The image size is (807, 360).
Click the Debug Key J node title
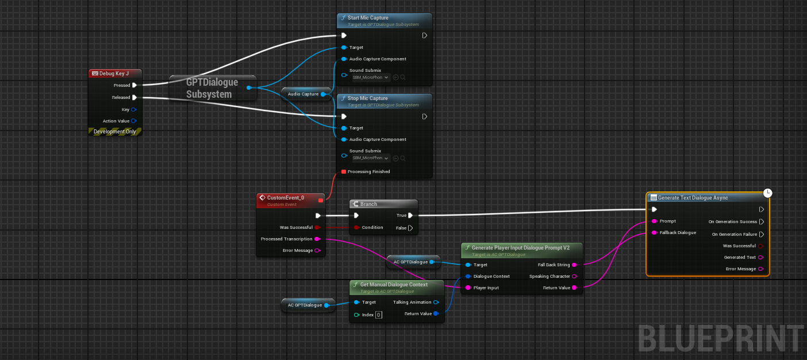[x=114, y=74]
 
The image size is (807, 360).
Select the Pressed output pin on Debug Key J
[x=134, y=85]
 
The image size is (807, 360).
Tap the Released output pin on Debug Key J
[x=134, y=97]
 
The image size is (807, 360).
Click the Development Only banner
[x=115, y=132]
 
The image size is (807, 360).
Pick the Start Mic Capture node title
[x=368, y=18]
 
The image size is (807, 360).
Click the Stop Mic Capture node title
[x=367, y=98]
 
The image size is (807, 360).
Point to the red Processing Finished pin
[x=344, y=171]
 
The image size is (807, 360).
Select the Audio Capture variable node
[x=303, y=94]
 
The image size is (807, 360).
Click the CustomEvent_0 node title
[x=286, y=198]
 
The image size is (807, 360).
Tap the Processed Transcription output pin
[x=317, y=239]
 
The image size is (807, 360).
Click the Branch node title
[x=368, y=204]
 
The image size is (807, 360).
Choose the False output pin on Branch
[x=410, y=228]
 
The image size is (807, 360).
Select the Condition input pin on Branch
[x=356, y=227]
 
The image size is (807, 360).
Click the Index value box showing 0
[x=379, y=315]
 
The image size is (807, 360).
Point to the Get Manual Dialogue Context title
[x=394, y=285]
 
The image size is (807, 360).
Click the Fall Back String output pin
[x=574, y=265]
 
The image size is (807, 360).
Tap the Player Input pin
[x=468, y=288]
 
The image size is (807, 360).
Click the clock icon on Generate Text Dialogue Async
[x=767, y=193]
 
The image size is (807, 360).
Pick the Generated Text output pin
[x=761, y=257]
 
